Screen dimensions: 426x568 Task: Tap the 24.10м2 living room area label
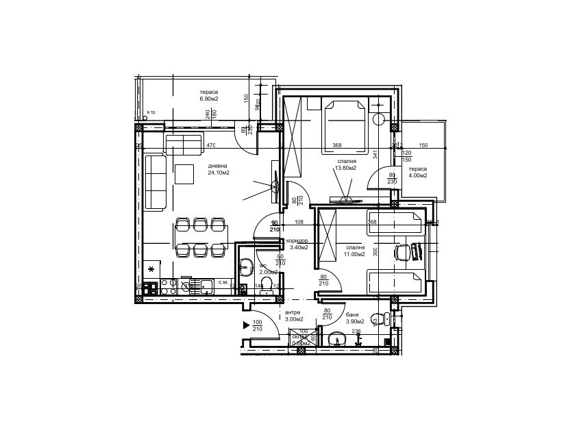pos(219,173)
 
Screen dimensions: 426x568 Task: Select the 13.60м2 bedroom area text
pos(345,168)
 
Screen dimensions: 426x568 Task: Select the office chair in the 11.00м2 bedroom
pos(402,253)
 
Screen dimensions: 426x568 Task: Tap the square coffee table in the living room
pos(185,174)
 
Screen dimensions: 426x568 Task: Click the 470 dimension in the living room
pos(212,145)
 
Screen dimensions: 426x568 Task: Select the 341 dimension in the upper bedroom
pos(375,155)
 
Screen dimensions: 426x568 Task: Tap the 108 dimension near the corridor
pos(299,222)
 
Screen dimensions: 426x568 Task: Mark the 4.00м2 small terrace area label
pos(418,175)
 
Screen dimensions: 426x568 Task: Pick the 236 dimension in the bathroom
pos(356,331)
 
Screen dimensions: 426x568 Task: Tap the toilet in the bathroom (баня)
pos(374,317)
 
